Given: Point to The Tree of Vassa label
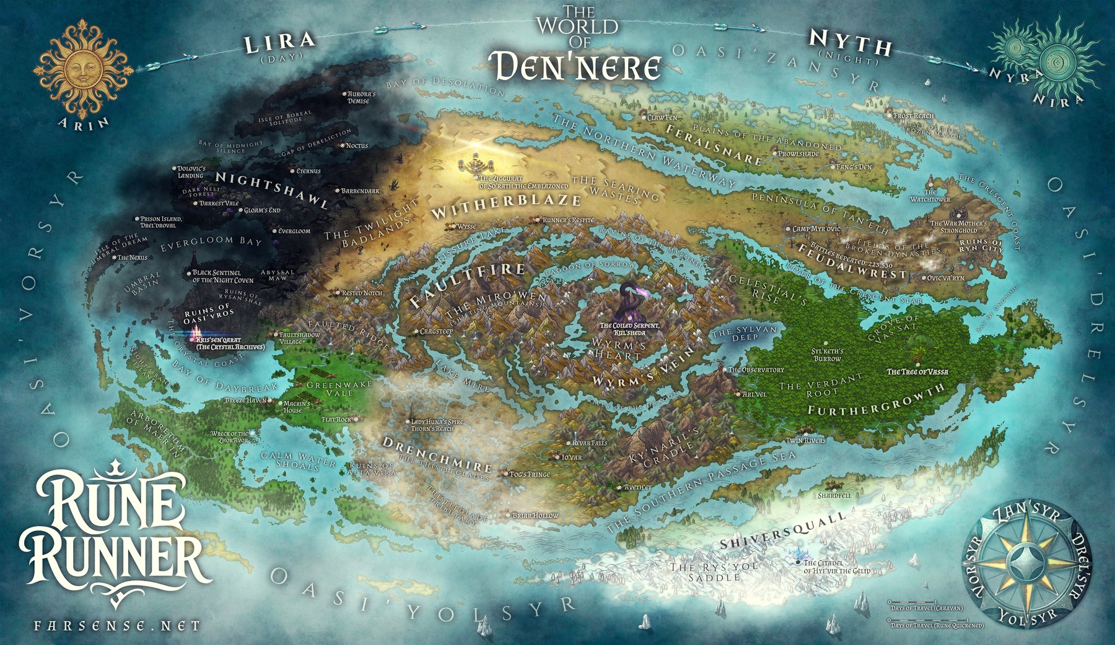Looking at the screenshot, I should [917, 371].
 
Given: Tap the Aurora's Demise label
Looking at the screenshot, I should [358, 97].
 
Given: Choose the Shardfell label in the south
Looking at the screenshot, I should [834, 496].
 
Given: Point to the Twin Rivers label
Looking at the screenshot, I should [805, 440].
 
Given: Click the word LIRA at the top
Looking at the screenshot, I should [279, 43].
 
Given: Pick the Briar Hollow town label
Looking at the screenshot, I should [535, 515].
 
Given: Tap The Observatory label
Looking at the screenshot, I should [755, 370].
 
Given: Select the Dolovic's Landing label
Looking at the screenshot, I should [190, 171].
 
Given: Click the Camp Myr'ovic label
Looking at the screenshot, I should [816, 229].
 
